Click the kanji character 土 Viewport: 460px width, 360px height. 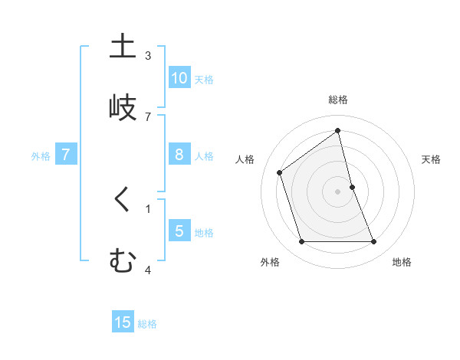(x=122, y=47)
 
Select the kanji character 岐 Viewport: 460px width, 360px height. (x=122, y=107)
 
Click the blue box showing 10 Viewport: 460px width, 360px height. (x=179, y=78)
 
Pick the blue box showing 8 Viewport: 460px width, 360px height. (x=179, y=155)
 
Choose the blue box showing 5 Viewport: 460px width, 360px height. (x=179, y=231)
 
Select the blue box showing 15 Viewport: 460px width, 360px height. (x=123, y=322)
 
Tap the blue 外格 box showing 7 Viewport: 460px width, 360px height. (x=66, y=155)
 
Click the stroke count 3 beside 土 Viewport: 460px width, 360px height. (x=148, y=55)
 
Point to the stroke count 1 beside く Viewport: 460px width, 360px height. (x=148, y=208)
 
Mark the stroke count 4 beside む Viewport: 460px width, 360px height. (x=148, y=270)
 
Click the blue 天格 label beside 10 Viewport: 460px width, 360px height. (x=204, y=80)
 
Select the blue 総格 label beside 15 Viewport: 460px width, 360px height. (x=147, y=324)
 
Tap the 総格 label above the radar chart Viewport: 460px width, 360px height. (x=338, y=100)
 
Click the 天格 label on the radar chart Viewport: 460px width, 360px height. (x=432, y=159)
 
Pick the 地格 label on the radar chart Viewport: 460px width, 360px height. (x=402, y=262)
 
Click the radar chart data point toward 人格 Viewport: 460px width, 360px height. (x=280, y=172)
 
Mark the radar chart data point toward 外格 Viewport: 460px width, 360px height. (x=301, y=242)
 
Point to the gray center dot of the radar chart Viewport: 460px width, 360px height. (x=338, y=191)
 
